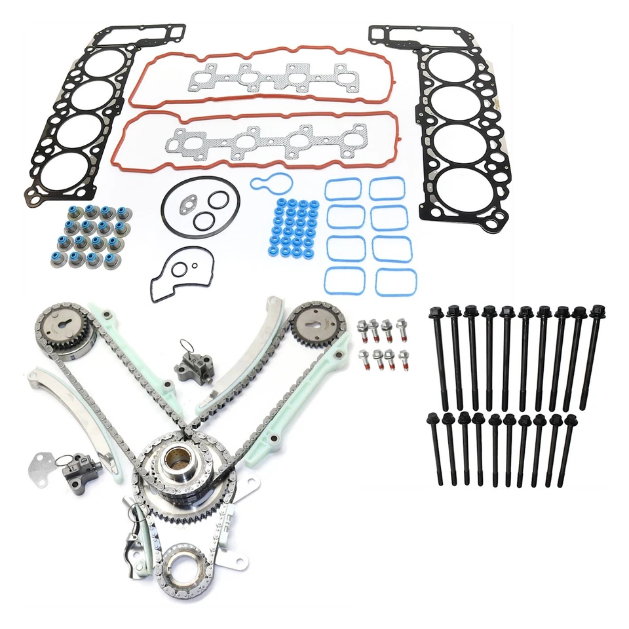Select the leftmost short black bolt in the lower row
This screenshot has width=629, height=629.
pos(434,452)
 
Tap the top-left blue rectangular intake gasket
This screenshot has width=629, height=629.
pos(343,190)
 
